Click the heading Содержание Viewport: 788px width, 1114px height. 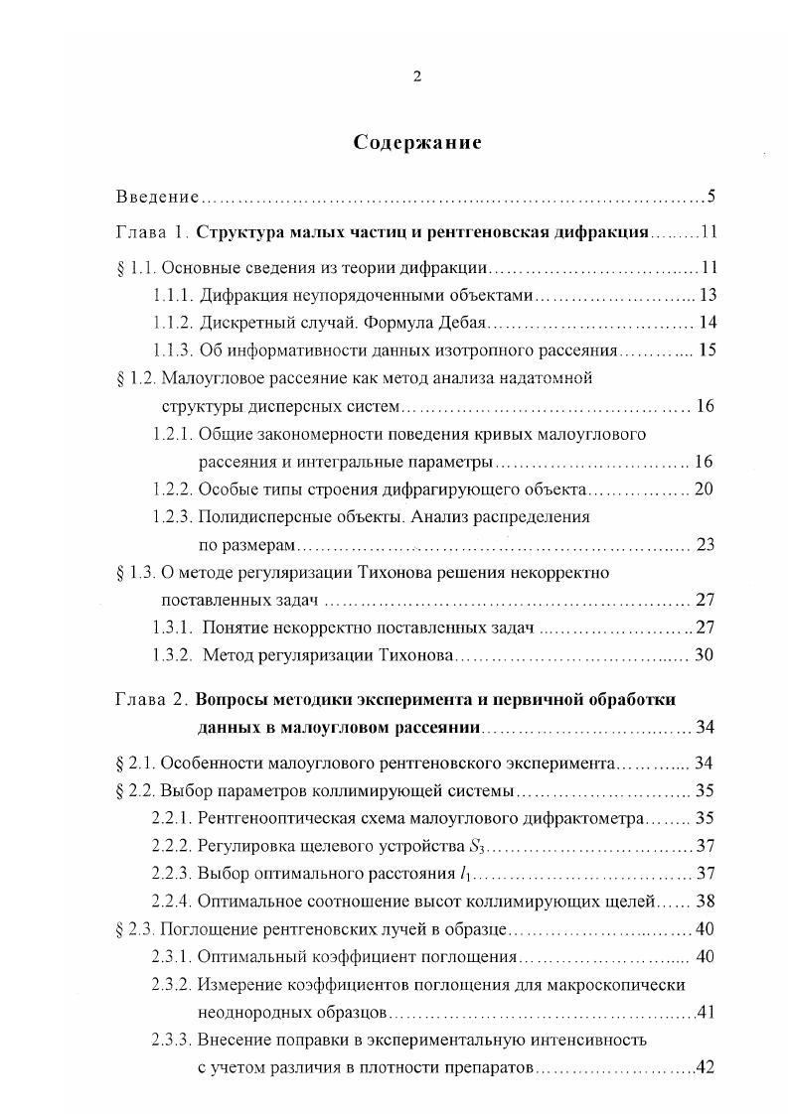[417, 142]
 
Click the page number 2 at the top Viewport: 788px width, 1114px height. [417, 78]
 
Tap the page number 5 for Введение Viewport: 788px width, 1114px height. [711, 197]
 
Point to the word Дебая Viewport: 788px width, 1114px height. [459, 323]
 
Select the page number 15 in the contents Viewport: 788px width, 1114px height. [707, 350]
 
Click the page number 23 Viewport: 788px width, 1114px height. [707, 545]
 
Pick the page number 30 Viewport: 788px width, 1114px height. [706, 655]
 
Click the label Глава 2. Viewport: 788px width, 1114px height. [151, 700]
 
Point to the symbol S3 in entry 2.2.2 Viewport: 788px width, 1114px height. [472, 847]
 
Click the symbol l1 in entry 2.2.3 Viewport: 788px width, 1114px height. [464, 874]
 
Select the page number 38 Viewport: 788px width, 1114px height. [706, 902]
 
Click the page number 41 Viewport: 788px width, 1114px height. [707, 1014]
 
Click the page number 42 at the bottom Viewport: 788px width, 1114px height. [707, 1069]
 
